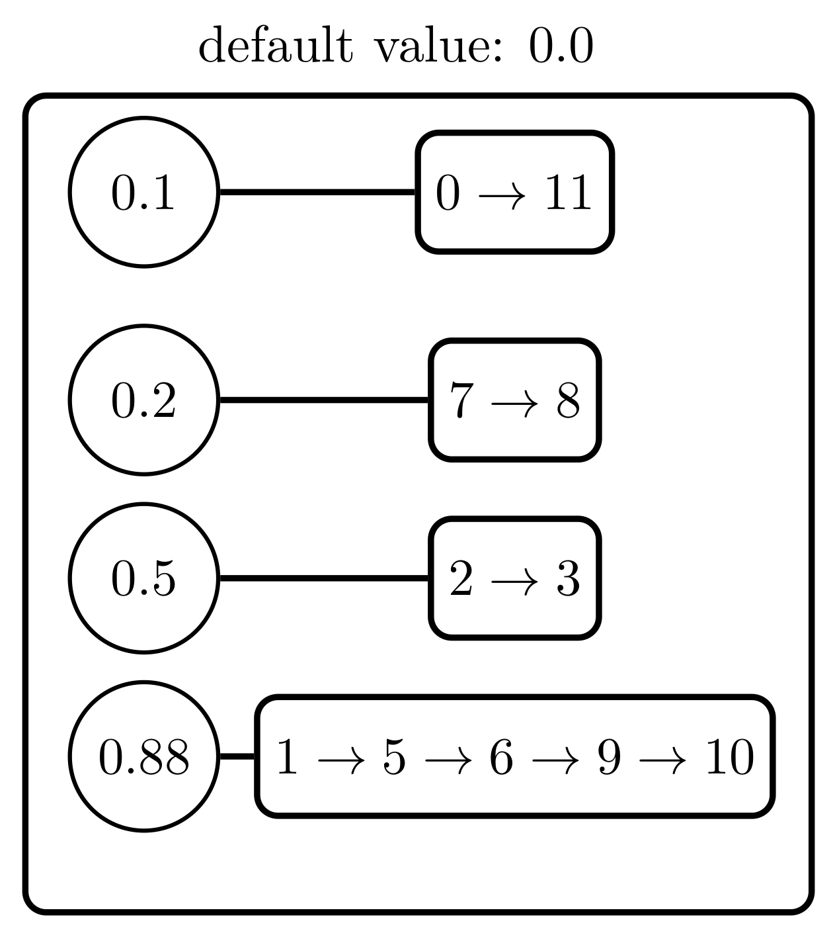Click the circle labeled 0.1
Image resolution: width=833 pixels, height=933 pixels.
[x=143, y=193]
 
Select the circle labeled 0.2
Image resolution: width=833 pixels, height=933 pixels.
[x=143, y=400]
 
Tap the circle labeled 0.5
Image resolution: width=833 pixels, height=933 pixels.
[x=143, y=578]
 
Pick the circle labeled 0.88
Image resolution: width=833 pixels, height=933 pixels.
[x=143, y=756]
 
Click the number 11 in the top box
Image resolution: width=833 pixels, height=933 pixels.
[x=567, y=193]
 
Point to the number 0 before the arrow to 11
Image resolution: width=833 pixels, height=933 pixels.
[x=448, y=193]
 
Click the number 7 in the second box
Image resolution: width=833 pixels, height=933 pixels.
[x=462, y=400]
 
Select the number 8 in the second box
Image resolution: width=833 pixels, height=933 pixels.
[x=568, y=400]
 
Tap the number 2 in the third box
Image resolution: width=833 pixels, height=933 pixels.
[x=461, y=578]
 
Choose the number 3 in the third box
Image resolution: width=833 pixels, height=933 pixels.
[x=568, y=578]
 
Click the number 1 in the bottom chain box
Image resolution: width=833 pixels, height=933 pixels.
[x=287, y=757]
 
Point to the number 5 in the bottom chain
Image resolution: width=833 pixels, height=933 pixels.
[x=394, y=757]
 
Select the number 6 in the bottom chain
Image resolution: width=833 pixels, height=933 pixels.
[x=501, y=757]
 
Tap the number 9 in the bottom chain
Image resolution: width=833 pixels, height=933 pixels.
[x=609, y=757]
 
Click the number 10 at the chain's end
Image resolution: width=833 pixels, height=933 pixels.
[x=729, y=757]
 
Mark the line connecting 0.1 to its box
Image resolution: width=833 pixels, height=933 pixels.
[x=317, y=193]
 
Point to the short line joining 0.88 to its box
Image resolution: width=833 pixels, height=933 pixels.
[x=237, y=756]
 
